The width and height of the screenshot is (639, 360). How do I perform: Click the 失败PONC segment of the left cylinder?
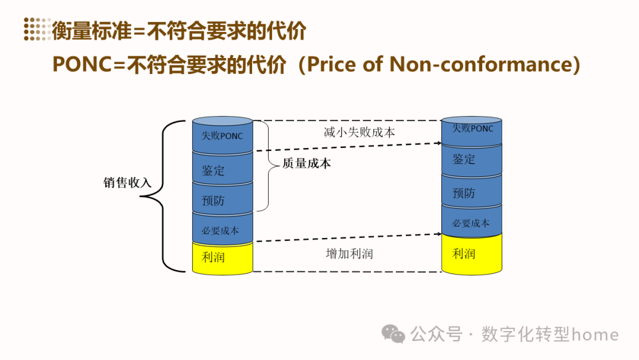click(222, 136)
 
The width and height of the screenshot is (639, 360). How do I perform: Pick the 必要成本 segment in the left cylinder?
click(222, 230)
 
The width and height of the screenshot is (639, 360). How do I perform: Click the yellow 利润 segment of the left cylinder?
click(222, 258)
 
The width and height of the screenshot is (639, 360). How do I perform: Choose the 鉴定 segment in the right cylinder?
click(472, 159)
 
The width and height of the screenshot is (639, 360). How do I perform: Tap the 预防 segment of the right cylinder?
click(472, 192)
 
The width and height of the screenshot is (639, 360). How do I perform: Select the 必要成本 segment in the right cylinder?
click(472, 223)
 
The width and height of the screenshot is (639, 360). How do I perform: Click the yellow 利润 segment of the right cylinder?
click(472, 254)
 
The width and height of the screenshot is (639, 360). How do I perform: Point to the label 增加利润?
click(349, 253)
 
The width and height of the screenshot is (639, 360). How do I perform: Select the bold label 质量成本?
click(306, 164)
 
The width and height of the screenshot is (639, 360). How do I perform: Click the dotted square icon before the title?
click(37, 29)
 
